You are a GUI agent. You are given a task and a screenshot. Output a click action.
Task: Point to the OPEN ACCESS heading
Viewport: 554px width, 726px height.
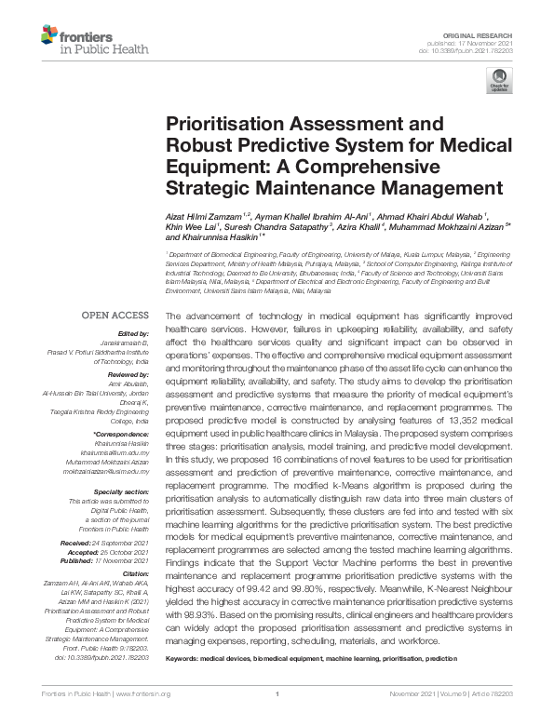coord(115,316)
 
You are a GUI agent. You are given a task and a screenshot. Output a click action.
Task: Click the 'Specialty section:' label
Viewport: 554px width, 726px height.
coord(121,491)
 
